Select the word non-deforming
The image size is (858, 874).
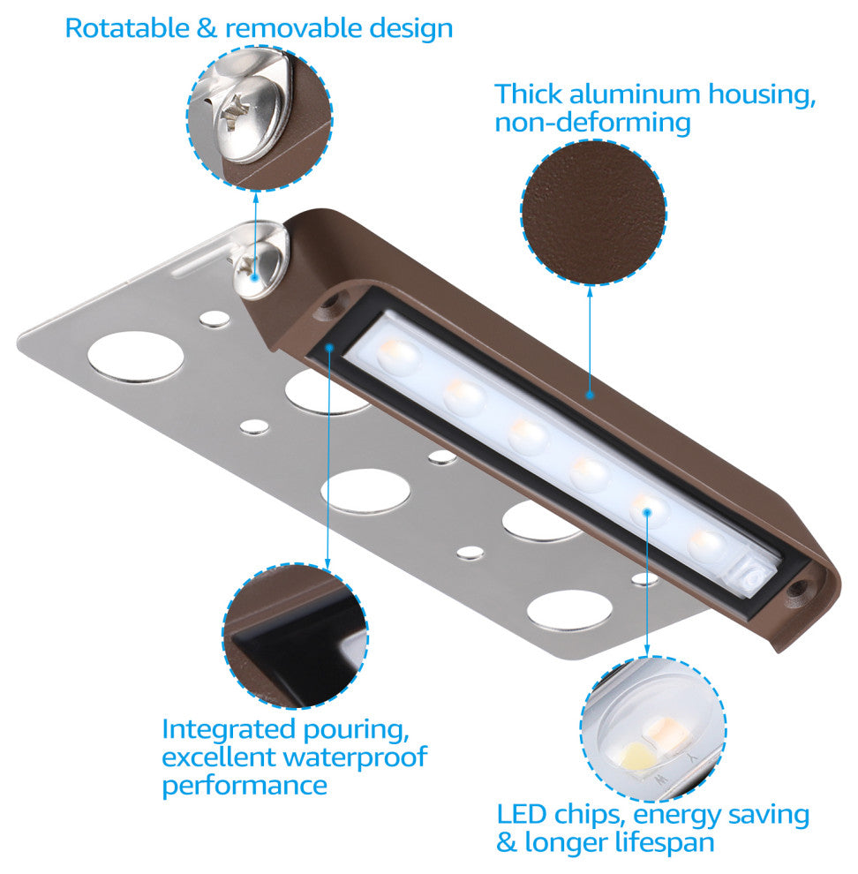592,122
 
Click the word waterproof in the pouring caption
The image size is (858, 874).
355,757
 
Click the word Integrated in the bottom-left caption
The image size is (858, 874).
229,729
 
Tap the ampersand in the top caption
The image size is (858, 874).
207,28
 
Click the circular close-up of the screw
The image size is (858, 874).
260,118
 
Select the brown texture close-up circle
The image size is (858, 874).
592,213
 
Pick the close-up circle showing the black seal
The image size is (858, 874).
296,636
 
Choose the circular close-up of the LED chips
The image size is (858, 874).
653,729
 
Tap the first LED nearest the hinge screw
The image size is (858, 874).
397,355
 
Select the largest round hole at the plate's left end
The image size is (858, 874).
136,358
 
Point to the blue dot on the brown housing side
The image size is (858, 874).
590,396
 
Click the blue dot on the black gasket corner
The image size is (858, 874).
329,347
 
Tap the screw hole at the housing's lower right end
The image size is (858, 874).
798,587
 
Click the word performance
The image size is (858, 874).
245,786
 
